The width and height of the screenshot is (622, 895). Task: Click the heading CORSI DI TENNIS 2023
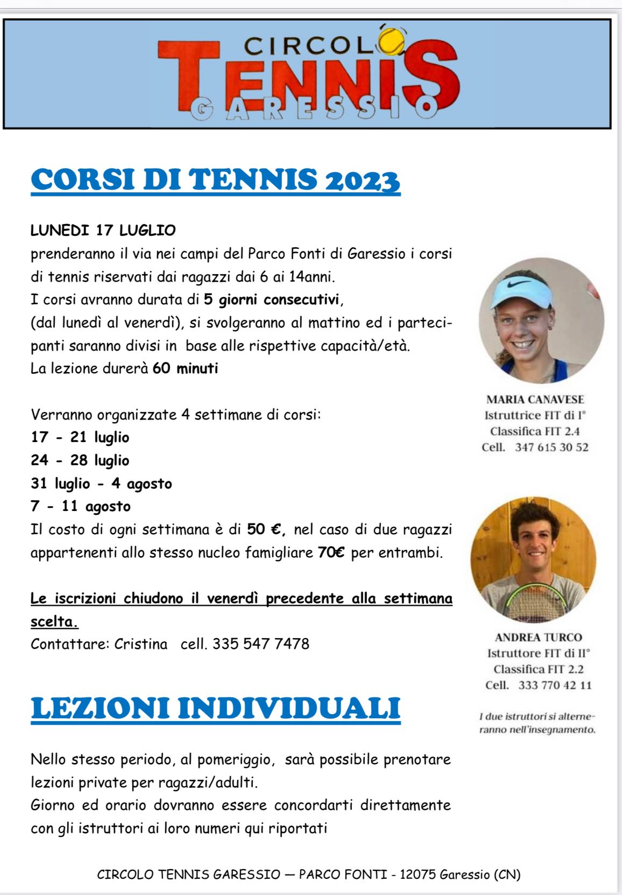[x=216, y=180]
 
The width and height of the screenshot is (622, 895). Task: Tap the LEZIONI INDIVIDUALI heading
[x=216, y=708]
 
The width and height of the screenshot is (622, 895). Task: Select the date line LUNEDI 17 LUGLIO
[x=103, y=230]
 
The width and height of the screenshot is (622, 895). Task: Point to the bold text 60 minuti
[x=185, y=369]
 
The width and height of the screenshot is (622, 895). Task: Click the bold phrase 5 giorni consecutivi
[x=272, y=299]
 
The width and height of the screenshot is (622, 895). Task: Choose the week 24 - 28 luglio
[x=80, y=461]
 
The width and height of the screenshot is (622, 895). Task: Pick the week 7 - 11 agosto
[x=81, y=507]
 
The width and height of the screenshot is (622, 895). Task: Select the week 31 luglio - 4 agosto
[x=101, y=484]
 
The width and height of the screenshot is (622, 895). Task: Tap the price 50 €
[x=265, y=530]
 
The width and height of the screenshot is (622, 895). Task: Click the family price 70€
[x=331, y=553]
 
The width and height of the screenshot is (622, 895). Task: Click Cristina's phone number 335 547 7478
[x=260, y=644]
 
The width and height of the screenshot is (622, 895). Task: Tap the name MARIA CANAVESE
[x=535, y=400]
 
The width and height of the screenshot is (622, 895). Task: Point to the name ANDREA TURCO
[x=538, y=638]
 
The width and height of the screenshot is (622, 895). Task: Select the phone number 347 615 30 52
[x=552, y=447]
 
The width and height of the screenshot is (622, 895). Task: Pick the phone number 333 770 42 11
[x=555, y=686]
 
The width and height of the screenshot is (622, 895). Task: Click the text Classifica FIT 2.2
[x=538, y=669]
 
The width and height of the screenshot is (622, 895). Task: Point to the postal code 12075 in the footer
[x=418, y=875]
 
